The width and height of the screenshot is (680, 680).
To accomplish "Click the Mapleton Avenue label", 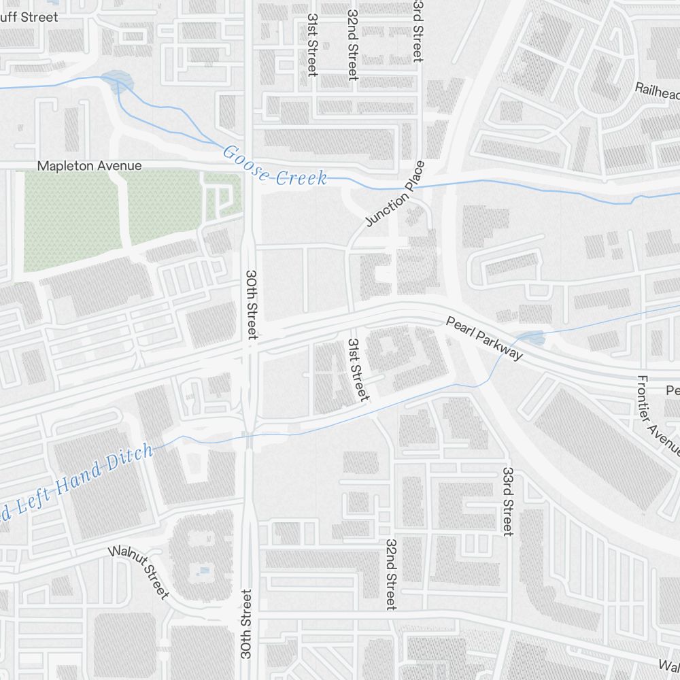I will [89, 166].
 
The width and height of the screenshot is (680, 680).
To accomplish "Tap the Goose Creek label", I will [275, 166].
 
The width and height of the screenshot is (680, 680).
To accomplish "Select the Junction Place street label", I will [395, 194].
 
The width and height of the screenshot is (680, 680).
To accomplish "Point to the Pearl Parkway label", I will [484, 338].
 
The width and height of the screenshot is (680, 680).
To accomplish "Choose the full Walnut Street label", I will [139, 571].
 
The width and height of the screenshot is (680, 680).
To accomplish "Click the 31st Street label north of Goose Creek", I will [312, 45].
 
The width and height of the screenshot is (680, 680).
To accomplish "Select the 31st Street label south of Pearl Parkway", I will [356, 370].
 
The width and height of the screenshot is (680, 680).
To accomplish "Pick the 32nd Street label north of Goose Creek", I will [352, 45].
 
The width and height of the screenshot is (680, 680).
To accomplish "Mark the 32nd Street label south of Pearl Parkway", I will [391, 575].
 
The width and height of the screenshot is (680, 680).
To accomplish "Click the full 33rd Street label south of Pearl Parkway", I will [507, 501].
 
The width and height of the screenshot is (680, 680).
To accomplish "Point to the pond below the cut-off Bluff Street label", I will [117, 81].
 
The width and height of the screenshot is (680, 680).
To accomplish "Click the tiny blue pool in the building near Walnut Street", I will [203, 571].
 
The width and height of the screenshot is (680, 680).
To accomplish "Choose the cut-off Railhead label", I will [657, 89].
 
